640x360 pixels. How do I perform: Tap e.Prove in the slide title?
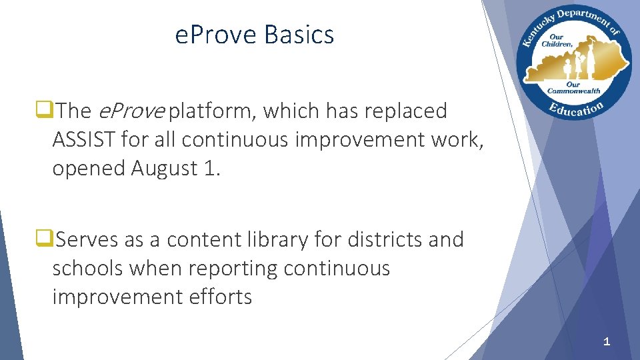pos(217,34)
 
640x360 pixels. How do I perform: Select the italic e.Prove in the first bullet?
pos(131,111)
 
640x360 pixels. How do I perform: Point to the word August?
pos(163,168)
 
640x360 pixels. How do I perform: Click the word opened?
pos(89,168)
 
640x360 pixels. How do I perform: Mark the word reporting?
pos(233,267)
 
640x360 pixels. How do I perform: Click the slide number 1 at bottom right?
pos(606,342)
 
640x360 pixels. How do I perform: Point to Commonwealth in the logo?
pos(574,91)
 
